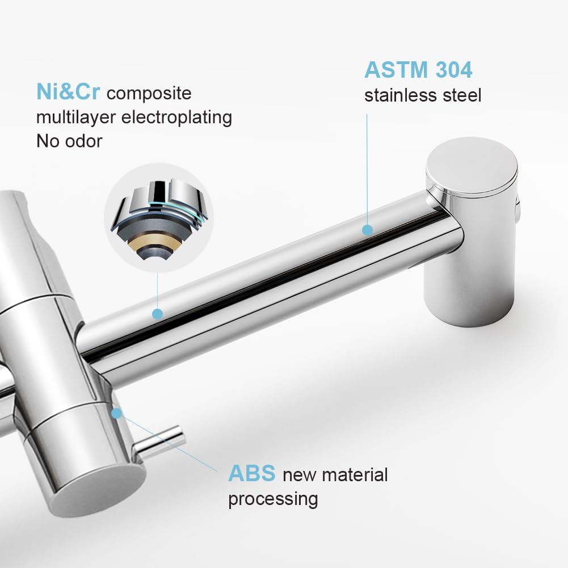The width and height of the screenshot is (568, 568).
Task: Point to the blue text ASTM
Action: pos(395,70)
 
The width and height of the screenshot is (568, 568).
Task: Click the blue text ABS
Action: pos(251,474)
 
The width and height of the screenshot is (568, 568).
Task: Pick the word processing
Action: pos(273,499)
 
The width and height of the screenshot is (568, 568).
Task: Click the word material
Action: pos(351,474)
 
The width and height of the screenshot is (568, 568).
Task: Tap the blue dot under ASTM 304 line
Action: pos(367,230)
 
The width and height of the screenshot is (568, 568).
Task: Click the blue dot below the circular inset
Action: pos(158,313)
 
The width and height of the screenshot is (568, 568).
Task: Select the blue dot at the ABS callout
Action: pos(116,413)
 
